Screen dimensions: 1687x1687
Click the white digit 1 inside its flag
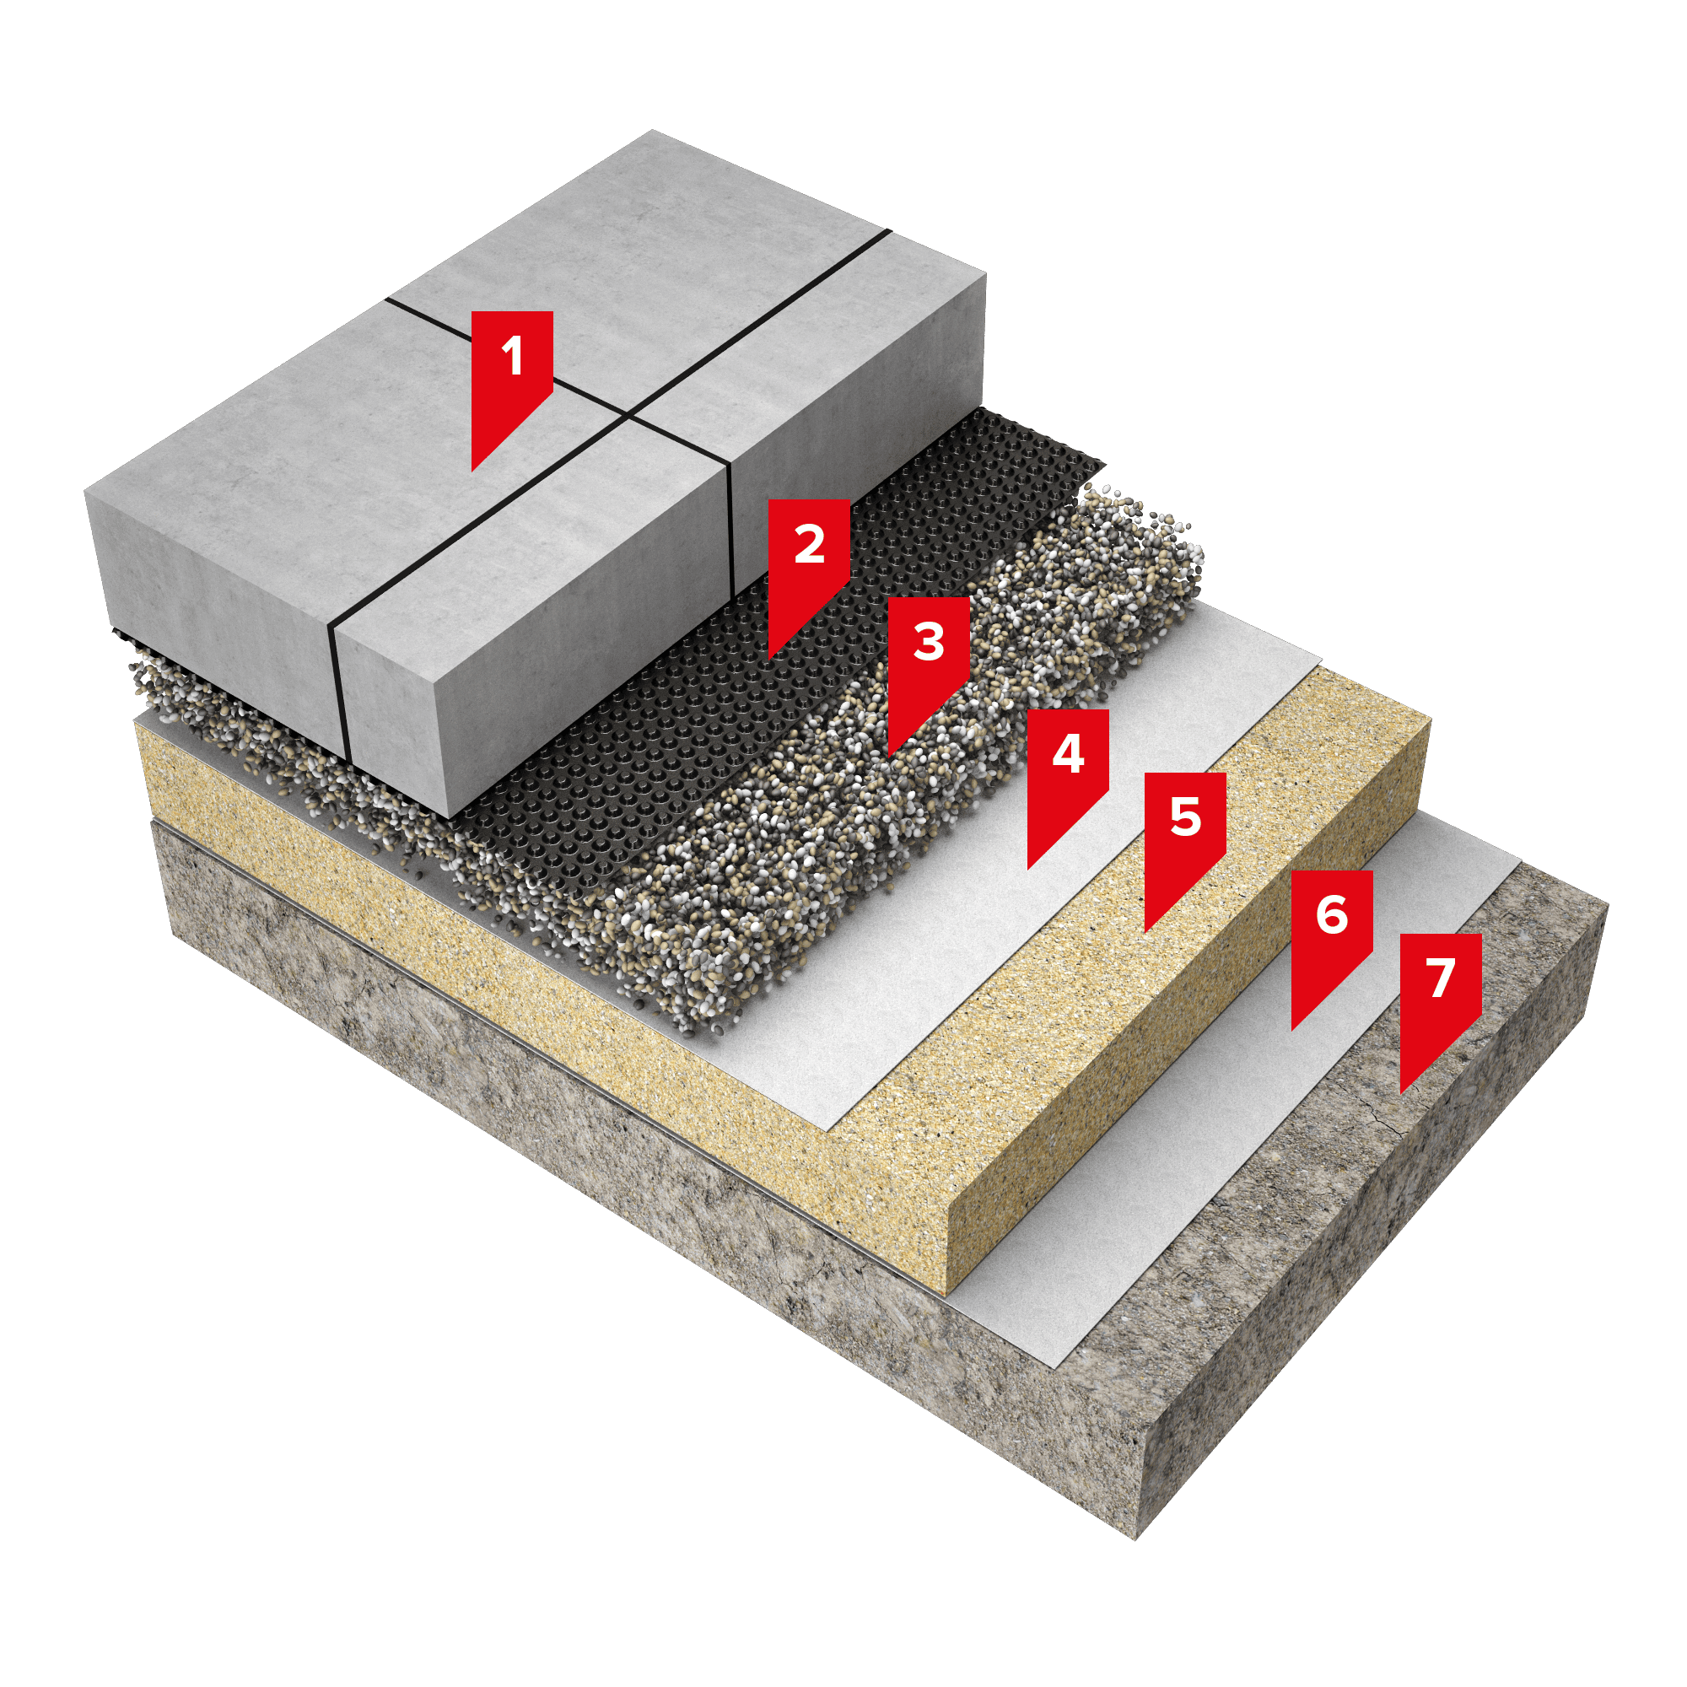(513, 355)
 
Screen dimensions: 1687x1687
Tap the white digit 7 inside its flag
(1442, 977)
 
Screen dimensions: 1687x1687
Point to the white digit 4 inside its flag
(1069, 752)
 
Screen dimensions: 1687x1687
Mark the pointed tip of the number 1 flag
(472, 472)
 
